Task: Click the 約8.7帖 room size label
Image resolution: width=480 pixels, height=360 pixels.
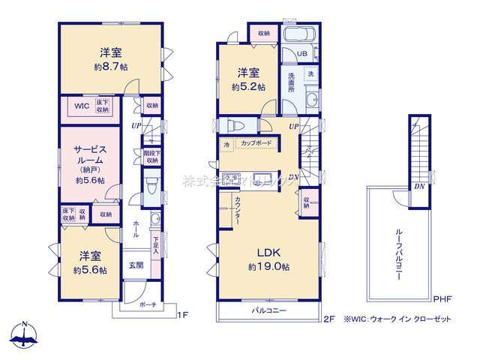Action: tap(109, 66)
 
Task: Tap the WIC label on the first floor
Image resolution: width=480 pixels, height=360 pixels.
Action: tap(81, 106)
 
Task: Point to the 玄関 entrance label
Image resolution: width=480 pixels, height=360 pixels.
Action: tap(135, 265)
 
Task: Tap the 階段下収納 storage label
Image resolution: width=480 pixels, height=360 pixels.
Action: tap(151, 157)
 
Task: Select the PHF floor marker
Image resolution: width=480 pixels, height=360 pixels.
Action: tap(442, 298)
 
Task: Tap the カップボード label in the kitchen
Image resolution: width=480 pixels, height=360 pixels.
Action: tap(257, 142)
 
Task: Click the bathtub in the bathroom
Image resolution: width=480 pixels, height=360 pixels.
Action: tap(300, 35)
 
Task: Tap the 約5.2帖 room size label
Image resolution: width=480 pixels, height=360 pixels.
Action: tap(249, 86)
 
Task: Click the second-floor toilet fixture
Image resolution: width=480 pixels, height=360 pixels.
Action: tap(232, 125)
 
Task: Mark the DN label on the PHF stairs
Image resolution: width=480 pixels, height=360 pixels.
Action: tap(417, 187)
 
